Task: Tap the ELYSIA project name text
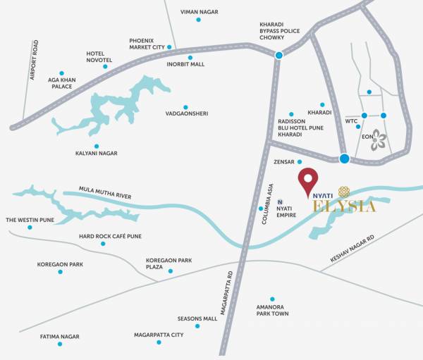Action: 345,206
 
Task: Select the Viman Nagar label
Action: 199,12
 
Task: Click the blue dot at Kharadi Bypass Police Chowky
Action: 279,55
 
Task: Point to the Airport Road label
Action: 32,60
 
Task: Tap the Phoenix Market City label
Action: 151,44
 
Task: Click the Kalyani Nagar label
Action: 96,153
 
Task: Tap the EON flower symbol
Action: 379,139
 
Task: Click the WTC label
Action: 352,121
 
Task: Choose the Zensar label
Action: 283,162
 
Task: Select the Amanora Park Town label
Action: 272,310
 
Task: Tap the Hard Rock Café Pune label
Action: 110,236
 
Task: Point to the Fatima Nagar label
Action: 60,337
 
